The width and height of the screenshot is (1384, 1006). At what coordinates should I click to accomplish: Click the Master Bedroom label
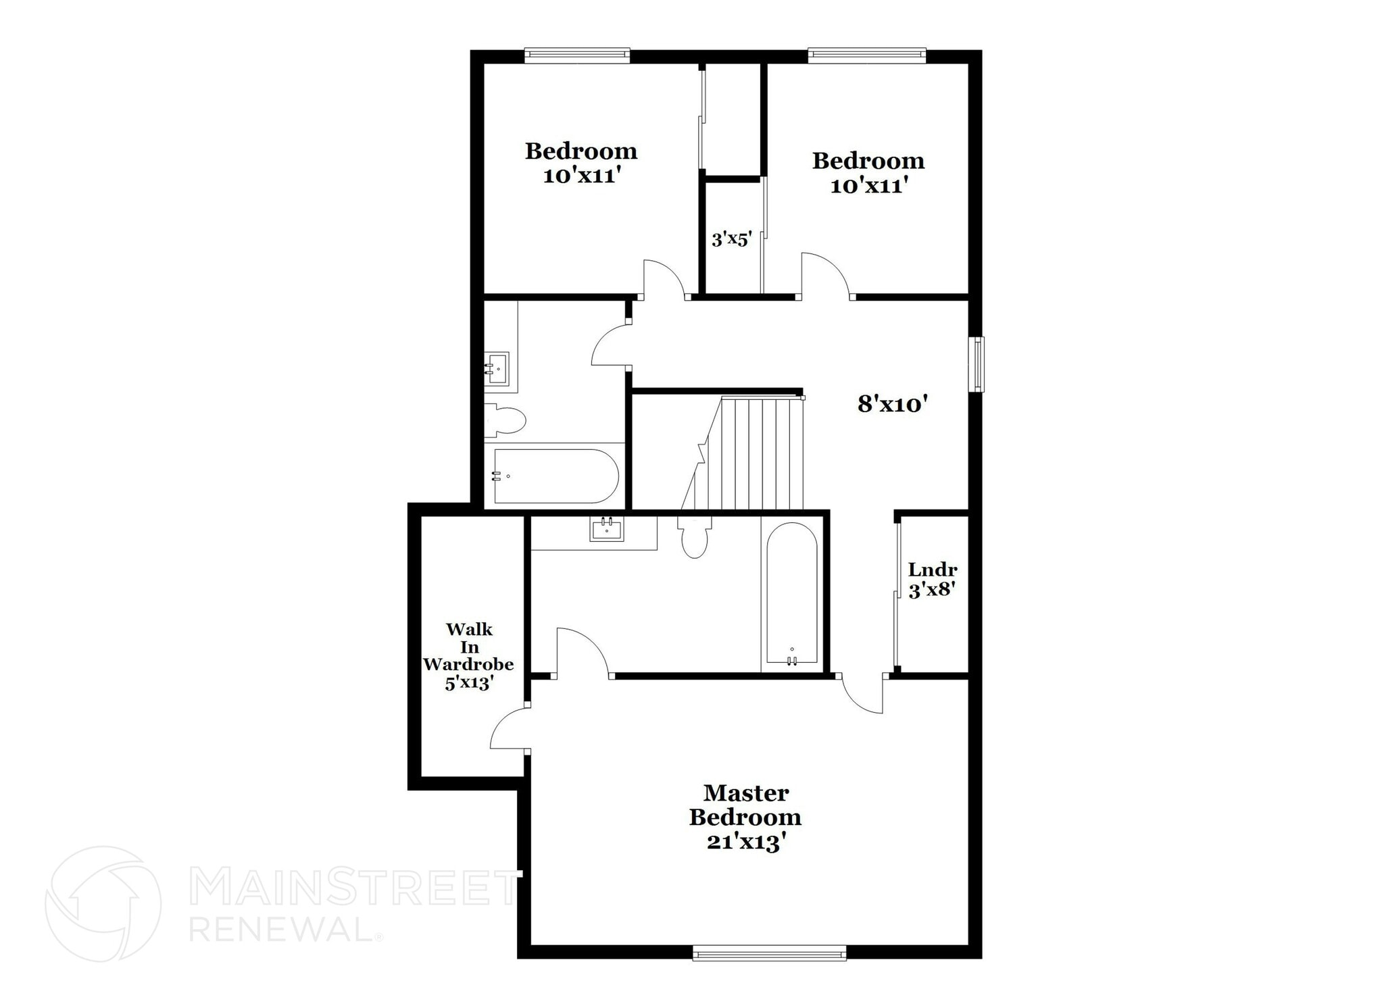[x=745, y=805]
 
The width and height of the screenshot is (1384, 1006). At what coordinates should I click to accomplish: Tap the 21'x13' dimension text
[x=745, y=842]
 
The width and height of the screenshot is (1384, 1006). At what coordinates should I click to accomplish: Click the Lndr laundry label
[x=933, y=570]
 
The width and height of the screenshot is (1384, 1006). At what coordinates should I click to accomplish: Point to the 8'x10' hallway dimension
[x=891, y=404]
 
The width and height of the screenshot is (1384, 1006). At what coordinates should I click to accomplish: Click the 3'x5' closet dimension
[x=731, y=239]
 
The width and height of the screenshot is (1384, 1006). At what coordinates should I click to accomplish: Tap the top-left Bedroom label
[x=581, y=151]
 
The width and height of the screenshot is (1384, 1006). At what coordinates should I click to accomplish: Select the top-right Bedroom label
[x=868, y=161]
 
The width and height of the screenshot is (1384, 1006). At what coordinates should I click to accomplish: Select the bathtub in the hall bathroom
[x=555, y=476]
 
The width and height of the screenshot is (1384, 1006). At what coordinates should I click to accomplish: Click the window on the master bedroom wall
[x=769, y=954]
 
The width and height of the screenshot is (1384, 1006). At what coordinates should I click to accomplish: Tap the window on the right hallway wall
[x=977, y=364]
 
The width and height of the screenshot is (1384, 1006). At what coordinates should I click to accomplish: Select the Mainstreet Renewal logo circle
[x=103, y=904]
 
